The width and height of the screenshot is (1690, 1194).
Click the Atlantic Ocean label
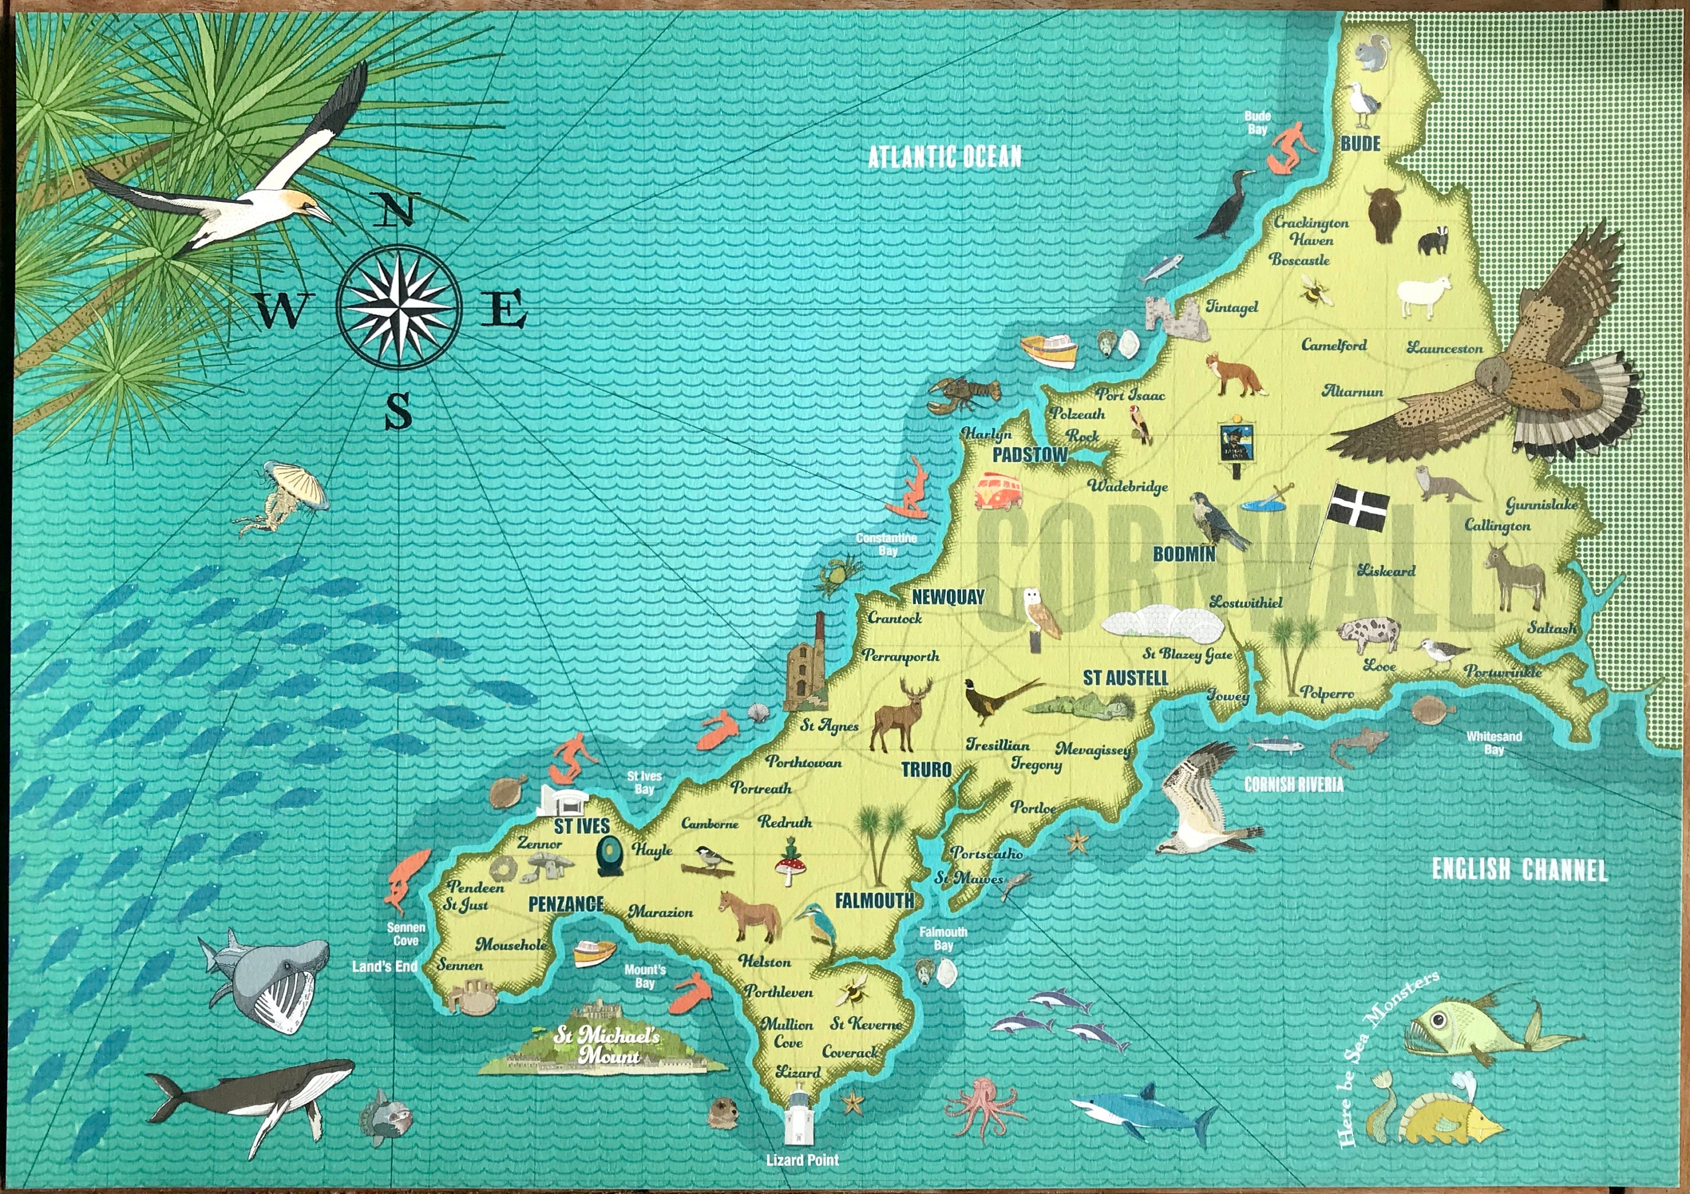pyautogui.click(x=944, y=156)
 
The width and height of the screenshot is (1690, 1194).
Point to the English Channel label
pyautogui.click(x=1519, y=870)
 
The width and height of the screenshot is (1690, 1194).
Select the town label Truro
pyautogui.click(x=927, y=770)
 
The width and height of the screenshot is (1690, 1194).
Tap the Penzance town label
pyautogui.click(x=566, y=904)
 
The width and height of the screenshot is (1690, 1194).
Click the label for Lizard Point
pyautogui.click(x=802, y=1160)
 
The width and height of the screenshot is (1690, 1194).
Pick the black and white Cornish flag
pyautogui.click(x=1359, y=507)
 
